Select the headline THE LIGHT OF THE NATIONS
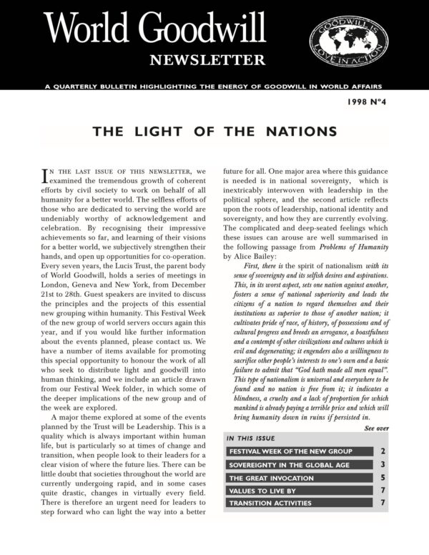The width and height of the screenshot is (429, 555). click(214, 132)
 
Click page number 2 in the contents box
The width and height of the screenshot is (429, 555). click(383, 451)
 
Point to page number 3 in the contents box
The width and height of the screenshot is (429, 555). click(383, 465)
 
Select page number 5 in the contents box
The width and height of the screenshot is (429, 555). click(383, 478)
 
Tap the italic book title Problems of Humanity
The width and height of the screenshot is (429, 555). click(337, 247)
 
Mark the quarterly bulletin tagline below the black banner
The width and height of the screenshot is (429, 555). click(214, 86)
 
